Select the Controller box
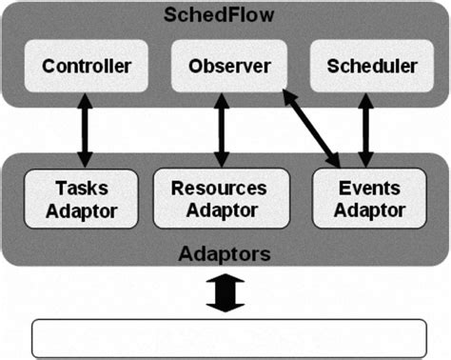click(87, 67)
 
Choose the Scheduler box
click(371, 67)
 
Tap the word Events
click(366, 188)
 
